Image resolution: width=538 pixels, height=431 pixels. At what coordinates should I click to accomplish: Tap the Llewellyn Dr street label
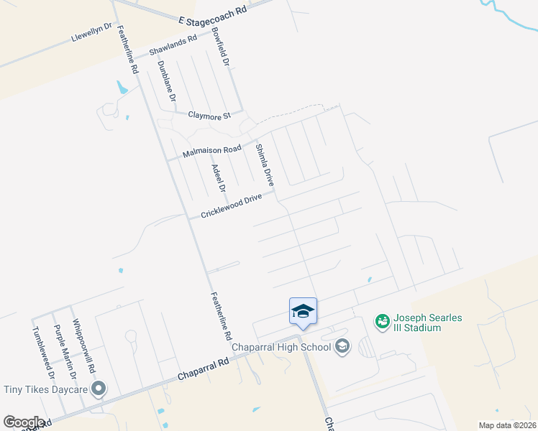point(92,33)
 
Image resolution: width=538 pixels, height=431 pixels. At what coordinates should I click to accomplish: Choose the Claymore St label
point(209,115)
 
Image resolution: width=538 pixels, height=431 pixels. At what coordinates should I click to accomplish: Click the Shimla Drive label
point(264,166)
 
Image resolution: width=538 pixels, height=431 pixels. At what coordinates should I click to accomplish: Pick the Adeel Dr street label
point(218,178)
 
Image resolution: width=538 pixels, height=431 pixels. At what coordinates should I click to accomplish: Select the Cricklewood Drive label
point(231,205)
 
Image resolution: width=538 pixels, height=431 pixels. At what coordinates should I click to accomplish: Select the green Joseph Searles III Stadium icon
point(382,320)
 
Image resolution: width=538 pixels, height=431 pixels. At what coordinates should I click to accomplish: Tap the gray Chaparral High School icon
point(342,347)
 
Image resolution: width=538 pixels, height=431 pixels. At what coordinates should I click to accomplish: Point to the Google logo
point(24,422)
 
